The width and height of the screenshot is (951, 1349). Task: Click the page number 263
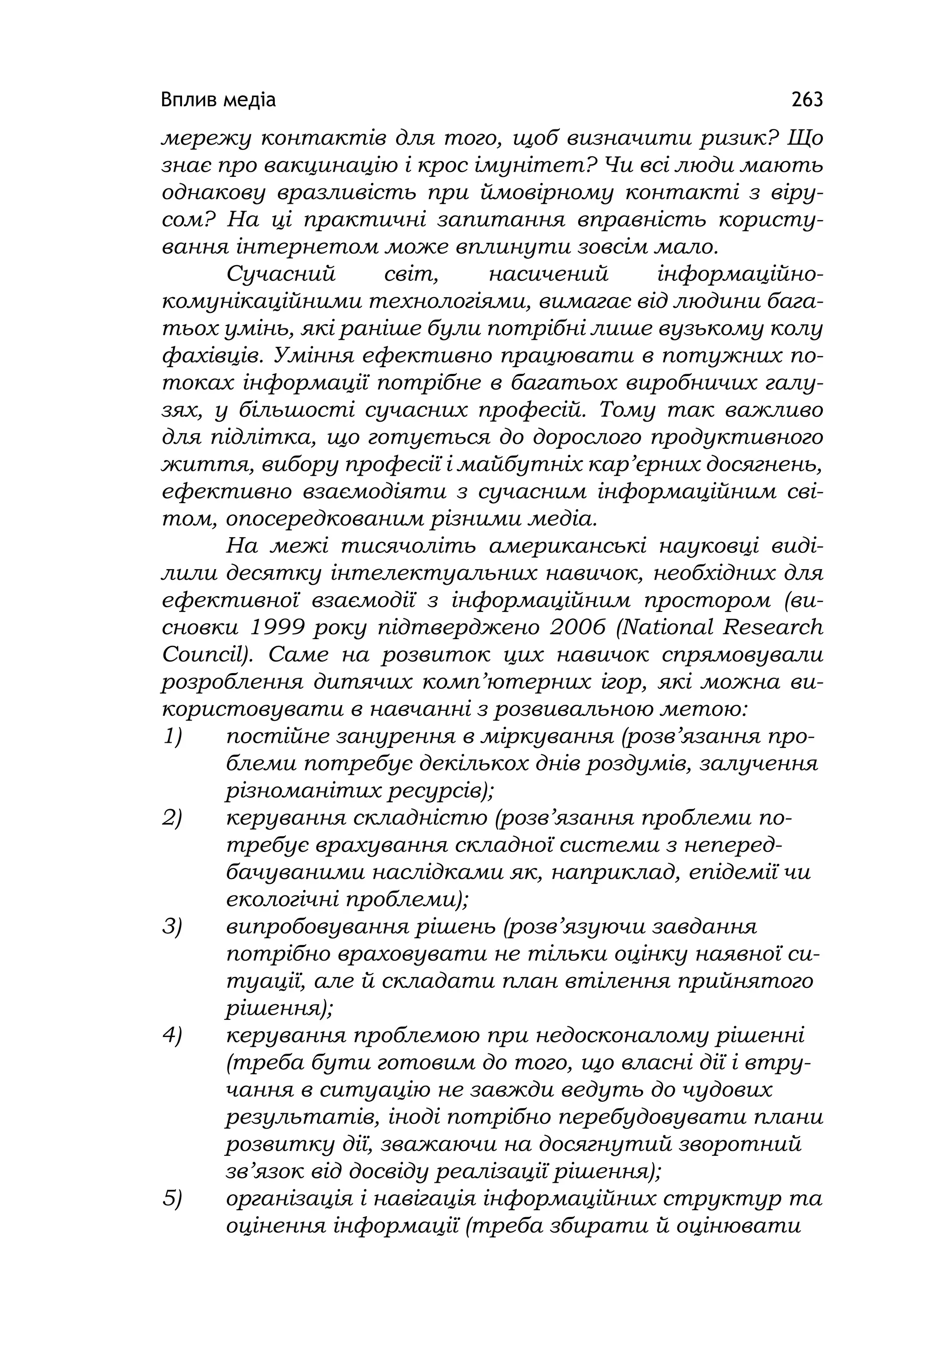pos(807,100)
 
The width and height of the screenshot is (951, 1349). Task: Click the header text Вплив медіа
pos(218,100)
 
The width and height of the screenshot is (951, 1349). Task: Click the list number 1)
pos(172,736)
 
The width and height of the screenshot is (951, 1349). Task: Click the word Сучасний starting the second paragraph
pos(280,274)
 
